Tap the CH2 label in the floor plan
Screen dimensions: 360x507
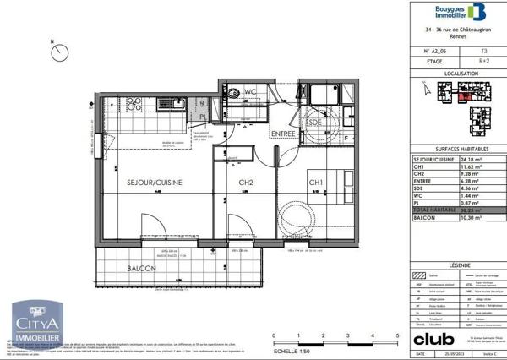point(246,183)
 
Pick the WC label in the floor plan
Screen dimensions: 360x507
point(251,91)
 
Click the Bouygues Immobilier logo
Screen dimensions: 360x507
point(460,13)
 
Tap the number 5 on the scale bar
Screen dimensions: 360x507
point(397,336)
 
